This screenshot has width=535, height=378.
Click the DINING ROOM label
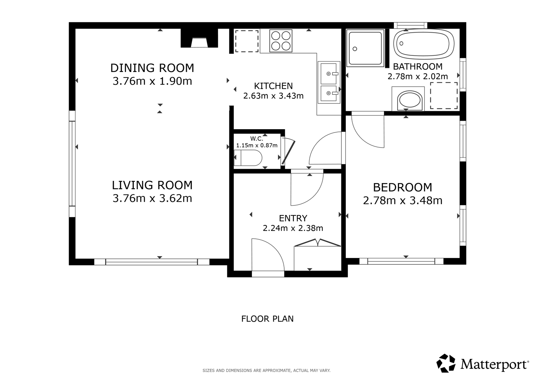pos(152,68)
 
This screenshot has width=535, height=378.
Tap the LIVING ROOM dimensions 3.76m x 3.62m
pos(152,198)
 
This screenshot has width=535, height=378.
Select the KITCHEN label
pos(273,86)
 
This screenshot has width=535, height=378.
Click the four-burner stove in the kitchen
pos(281,41)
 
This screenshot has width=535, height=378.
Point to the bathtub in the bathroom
pos(424,44)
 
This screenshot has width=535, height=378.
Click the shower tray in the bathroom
pos(365,48)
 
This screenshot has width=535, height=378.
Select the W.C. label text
pos(257,139)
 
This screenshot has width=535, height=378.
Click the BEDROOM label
pos(403,188)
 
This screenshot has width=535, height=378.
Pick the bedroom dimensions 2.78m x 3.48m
pos(403,201)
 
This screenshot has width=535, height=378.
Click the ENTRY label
pos(293,218)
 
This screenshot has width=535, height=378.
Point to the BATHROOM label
pos(418,66)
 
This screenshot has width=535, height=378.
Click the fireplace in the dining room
pos(199,38)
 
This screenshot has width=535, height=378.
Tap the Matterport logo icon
pos(446,363)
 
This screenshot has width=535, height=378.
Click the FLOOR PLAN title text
pos(267,319)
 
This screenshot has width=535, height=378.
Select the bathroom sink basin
pos(408,99)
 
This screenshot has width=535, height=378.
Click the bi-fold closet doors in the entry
pos(318,242)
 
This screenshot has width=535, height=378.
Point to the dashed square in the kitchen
pos(247,41)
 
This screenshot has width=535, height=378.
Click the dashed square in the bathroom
pos(444,96)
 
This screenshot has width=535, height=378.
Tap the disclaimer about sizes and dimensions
pos(266,371)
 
